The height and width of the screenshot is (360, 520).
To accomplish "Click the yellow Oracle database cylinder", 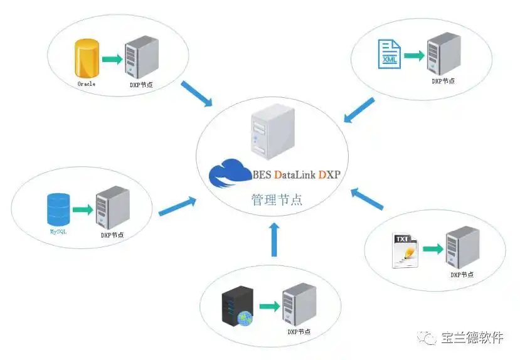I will coord(87,58).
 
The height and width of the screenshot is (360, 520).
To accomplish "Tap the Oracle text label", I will coord(86,83).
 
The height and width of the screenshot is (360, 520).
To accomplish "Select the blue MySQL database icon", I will coord(58,209).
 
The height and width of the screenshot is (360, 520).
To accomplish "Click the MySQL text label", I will coord(58,231).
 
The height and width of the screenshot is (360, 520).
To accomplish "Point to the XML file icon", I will coord(388,55).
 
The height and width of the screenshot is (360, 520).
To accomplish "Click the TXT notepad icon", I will coord(405,251).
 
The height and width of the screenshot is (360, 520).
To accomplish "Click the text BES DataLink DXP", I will coord(296,174).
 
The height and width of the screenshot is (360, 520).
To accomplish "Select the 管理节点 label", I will coord(277,200).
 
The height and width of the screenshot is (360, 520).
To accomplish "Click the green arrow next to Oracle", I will coord(111,59).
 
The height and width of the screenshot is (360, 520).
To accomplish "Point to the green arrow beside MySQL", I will coord(82,209).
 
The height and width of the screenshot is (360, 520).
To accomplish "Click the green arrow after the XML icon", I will coord(413,55).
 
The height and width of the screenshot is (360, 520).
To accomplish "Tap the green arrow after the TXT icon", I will coord(432,249).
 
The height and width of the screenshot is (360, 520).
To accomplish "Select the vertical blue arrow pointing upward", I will coord(273,238).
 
